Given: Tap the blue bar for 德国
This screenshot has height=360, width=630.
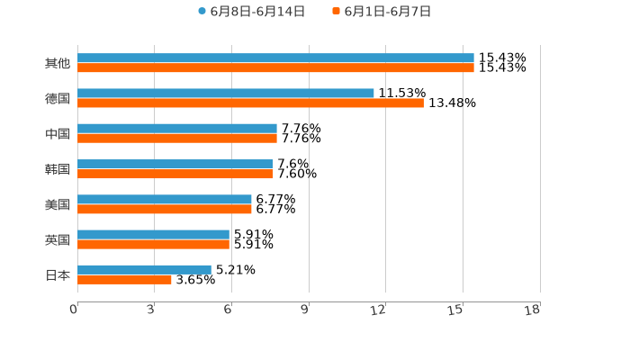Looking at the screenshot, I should click(226, 94).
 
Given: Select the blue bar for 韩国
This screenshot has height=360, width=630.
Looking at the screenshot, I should click(175, 164).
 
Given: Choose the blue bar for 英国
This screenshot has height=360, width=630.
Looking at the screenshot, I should click(153, 234).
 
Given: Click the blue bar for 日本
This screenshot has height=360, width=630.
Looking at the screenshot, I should click(144, 269).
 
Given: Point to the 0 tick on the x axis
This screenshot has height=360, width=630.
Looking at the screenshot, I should click(74, 310).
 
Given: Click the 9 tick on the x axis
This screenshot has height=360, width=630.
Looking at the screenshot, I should click(305, 310).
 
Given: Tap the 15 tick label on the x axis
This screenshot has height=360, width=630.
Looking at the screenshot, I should click(455, 310).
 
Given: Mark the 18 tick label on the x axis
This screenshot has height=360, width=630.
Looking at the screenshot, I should click(533, 310).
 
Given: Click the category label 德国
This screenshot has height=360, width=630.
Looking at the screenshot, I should click(58, 99).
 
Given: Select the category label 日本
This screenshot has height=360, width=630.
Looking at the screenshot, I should click(58, 275).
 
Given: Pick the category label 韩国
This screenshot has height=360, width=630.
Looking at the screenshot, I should click(58, 169).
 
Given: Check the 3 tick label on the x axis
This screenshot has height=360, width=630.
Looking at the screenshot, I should click(150, 310).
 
